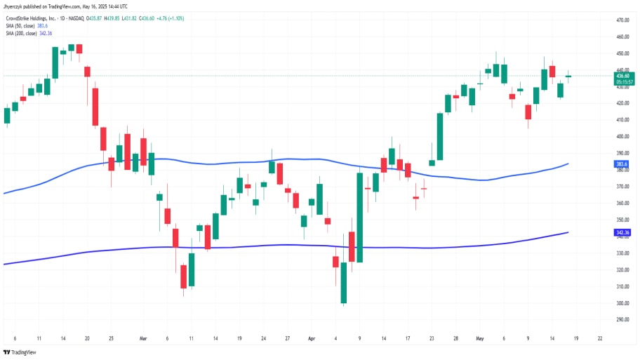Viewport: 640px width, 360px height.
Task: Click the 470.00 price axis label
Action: [622, 20]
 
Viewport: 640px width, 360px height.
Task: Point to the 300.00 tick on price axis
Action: [622, 303]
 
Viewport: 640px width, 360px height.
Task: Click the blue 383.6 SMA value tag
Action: [621, 164]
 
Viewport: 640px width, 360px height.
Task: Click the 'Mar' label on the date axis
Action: [143, 337]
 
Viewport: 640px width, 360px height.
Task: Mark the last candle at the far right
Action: [568, 76]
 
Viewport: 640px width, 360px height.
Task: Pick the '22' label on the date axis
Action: [600, 337]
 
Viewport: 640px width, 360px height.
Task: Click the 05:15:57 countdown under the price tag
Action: [624, 81]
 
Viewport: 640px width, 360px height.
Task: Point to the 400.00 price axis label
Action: [622, 119]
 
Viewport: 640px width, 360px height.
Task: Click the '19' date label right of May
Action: [576, 337]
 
